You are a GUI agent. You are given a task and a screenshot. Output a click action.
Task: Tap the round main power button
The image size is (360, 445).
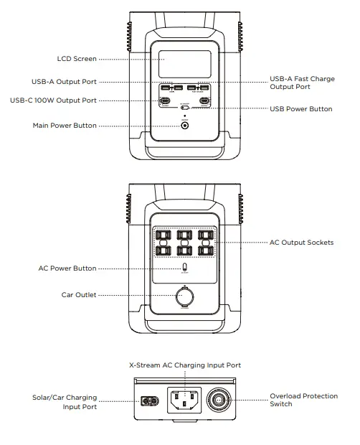[186, 126]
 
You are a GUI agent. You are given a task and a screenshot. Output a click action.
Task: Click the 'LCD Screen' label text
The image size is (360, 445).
[77, 59]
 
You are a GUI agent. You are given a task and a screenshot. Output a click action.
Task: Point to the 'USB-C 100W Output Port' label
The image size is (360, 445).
[53, 100]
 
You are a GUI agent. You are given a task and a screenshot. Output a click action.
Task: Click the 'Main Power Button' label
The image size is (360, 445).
[65, 126]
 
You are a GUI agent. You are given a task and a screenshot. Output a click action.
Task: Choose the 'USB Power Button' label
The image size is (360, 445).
[300, 109]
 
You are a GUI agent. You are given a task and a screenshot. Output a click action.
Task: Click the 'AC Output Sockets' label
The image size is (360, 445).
[301, 243]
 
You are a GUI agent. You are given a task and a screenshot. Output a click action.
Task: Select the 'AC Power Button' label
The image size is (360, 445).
[67, 268]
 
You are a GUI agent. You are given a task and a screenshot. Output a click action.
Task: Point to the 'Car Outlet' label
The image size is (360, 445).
[79, 295]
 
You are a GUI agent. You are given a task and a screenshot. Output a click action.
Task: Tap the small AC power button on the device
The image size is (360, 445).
[186, 268]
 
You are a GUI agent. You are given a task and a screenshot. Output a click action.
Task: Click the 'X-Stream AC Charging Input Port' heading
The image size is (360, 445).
[185, 365]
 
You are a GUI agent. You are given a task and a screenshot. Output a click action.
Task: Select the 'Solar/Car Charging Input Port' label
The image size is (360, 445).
[65, 402]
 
